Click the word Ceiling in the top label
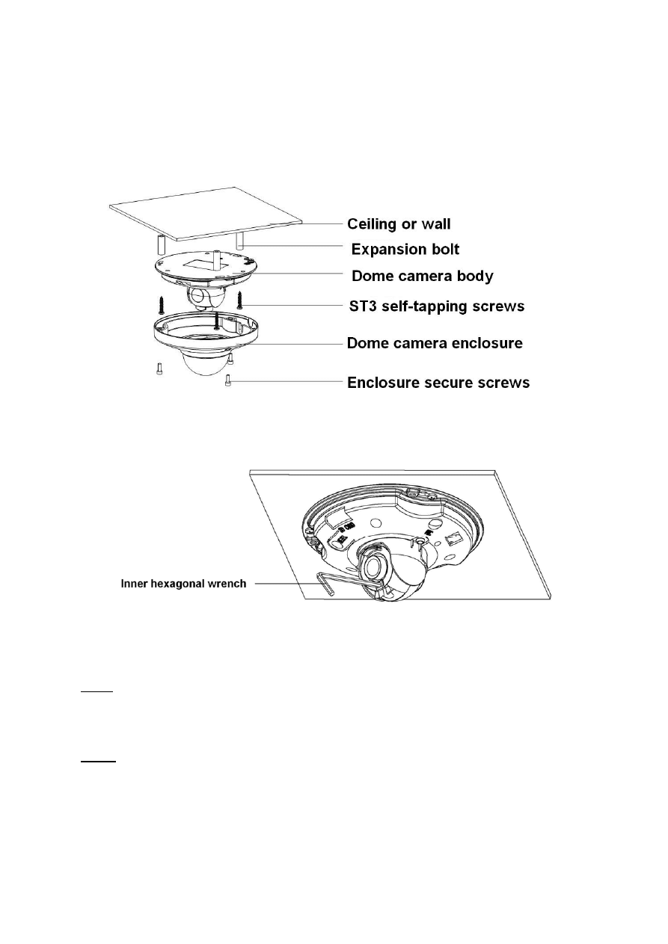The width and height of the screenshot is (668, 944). (371, 223)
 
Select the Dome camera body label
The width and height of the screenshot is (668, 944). (423, 277)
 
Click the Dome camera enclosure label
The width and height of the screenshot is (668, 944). (435, 344)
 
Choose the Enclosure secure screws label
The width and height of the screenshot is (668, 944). (438, 383)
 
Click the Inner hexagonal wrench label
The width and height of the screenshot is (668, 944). (183, 583)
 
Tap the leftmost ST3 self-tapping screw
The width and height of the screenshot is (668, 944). (162, 304)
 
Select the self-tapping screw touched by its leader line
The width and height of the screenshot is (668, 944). (240, 300)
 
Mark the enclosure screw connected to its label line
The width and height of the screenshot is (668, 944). (227, 382)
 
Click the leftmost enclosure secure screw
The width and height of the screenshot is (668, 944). (159, 369)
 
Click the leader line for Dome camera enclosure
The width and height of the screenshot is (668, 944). (299, 344)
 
